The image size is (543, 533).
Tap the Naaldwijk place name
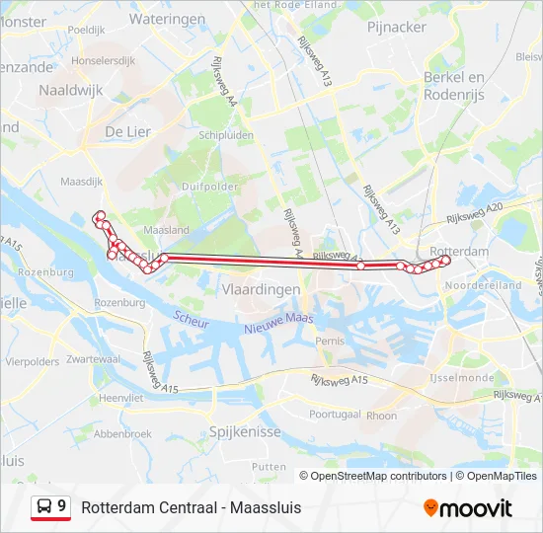pyautogui.click(x=70, y=90)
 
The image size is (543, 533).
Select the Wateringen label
pyautogui.click(x=167, y=19)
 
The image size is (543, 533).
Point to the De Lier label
pyautogui.click(x=127, y=131)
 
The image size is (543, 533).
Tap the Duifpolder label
pyautogui.click(x=209, y=186)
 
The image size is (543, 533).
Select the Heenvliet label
pyautogui.click(x=121, y=396)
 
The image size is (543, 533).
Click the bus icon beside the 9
pyautogui.click(x=44, y=507)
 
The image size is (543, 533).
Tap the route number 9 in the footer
pyautogui.click(x=62, y=507)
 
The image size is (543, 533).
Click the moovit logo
pyautogui.click(x=468, y=508)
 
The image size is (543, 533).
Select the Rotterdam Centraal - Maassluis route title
pyautogui.click(x=192, y=508)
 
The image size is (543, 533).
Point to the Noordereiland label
pyautogui.click(x=483, y=285)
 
